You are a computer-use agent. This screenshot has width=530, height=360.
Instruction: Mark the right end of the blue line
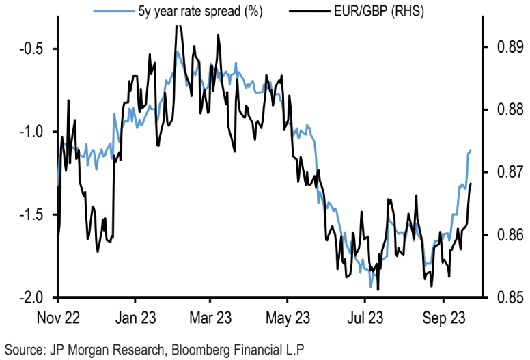(x=471, y=150)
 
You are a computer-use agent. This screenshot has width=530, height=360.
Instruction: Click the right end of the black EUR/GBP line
(x=471, y=183)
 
